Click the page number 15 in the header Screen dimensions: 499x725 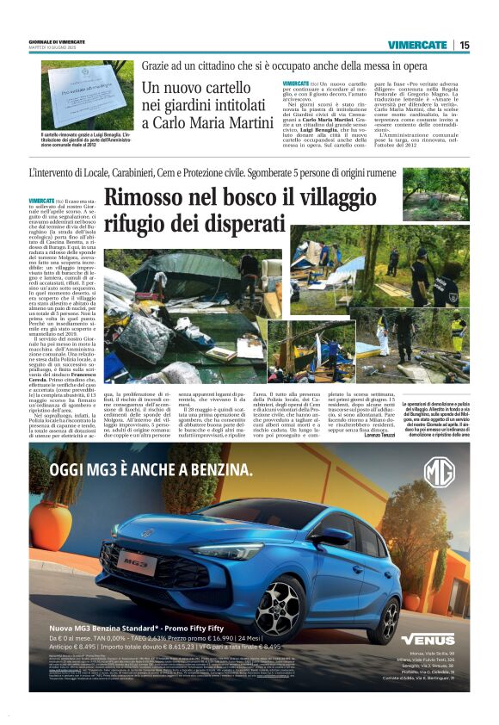tap(464, 45)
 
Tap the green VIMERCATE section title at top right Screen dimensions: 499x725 tap(417, 45)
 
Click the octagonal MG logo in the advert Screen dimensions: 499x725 tap(438, 473)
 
